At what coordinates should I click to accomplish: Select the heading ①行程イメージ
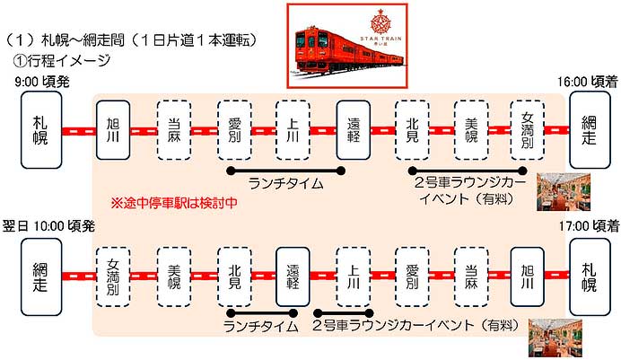[x=59, y=60]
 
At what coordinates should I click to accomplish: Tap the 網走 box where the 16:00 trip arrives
[x=589, y=131]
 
